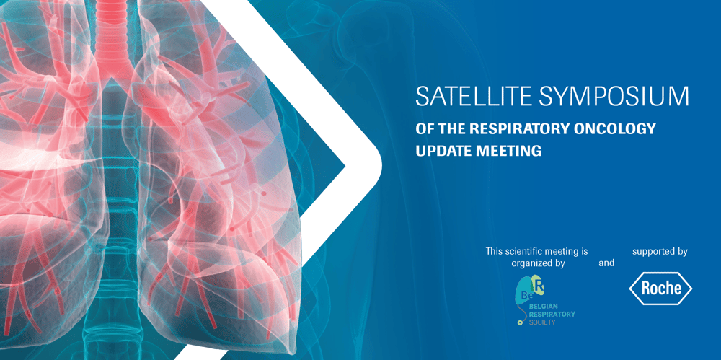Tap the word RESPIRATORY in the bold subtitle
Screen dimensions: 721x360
tap(520, 129)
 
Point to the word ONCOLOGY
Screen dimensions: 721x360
tap(615, 129)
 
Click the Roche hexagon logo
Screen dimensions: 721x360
tap(660, 289)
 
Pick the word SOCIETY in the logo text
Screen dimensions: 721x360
tap(542, 322)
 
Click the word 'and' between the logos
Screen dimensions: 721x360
tap(606, 264)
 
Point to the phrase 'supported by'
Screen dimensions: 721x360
tap(660, 252)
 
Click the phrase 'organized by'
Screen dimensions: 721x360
tap(538, 264)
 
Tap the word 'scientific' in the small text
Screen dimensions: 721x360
tap(522, 251)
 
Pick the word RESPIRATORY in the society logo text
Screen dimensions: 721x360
tap(552, 314)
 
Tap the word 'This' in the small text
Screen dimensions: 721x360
tap(494, 251)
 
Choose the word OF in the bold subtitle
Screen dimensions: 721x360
tap(424, 129)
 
